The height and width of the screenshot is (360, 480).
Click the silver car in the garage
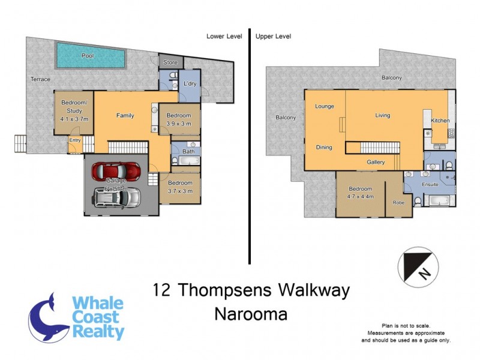click(118, 197)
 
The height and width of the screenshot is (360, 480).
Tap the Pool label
click(88, 56)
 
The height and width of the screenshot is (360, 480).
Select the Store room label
click(170, 62)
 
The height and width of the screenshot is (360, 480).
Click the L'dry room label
click(190, 83)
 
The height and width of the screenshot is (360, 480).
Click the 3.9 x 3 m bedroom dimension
click(178, 124)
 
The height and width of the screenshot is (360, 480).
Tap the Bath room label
click(188, 152)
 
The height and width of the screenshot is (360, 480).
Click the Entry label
click(75, 140)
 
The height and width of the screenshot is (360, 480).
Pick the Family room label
click(125, 115)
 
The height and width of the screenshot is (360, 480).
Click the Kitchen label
click(440, 121)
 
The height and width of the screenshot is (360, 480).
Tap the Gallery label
click(376, 161)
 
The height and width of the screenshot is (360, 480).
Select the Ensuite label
click(431, 185)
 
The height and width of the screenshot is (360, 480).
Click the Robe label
click(398, 203)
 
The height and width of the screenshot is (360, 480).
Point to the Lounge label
click(325, 106)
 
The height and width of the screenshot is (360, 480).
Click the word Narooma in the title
click(251, 314)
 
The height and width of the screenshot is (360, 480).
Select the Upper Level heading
click(273, 36)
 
